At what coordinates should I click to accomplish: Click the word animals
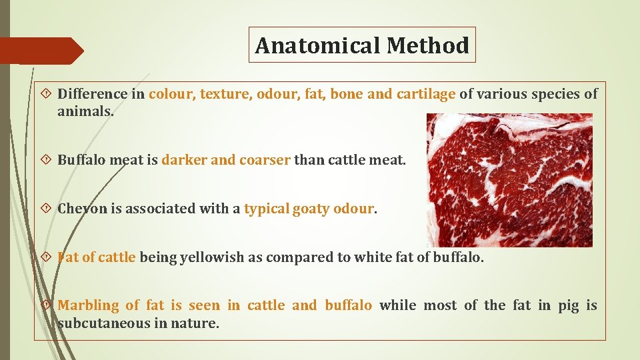(x=85, y=112)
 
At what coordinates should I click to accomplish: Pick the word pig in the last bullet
(x=568, y=305)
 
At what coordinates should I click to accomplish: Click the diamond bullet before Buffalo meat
(x=47, y=160)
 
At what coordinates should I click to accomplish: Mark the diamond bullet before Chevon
(x=47, y=209)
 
